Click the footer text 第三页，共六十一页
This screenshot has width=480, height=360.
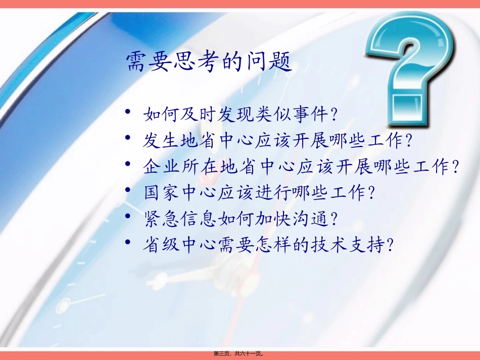pos(240,354)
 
